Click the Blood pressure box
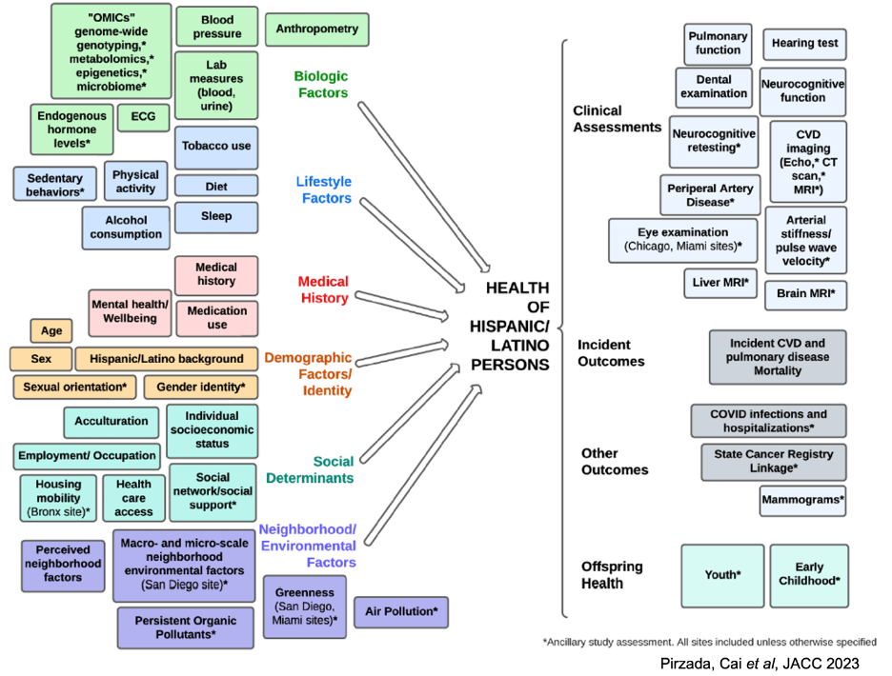(216, 27)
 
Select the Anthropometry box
(317, 30)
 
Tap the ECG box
(143, 118)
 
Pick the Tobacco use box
(216, 147)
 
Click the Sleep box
(216, 217)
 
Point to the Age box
(51, 331)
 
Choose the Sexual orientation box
(74, 388)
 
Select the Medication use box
(216, 317)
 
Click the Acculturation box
(111, 421)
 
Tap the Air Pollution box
(400, 612)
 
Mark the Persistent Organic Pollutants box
(186, 627)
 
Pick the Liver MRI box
(720, 283)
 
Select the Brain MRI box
(805, 295)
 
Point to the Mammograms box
(802, 500)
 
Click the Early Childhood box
(808, 575)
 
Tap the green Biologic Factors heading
(321, 84)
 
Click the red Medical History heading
(323, 290)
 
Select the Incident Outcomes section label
(611, 352)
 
